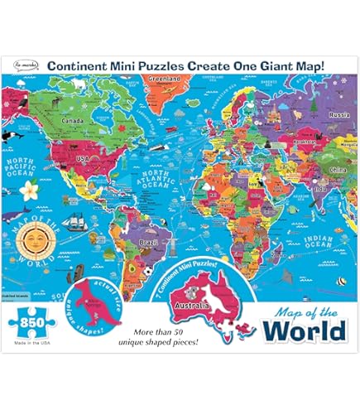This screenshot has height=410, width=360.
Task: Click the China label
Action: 314,171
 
